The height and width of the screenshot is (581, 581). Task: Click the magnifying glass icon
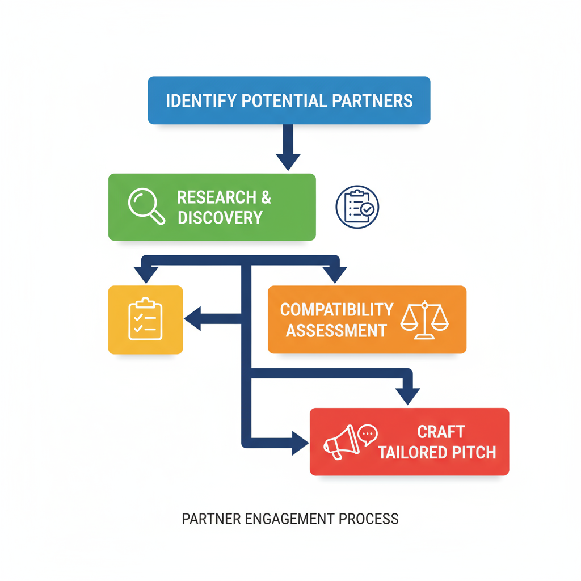(146, 206)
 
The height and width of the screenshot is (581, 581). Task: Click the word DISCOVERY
(220, 217)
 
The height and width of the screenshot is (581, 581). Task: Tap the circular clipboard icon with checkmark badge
(357, 207)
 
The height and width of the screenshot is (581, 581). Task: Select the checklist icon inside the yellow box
(145, 320)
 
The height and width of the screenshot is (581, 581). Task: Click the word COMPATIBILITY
(336, 310)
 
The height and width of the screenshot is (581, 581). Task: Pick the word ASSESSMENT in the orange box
(336, 330)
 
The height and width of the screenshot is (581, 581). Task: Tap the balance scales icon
(424, 320)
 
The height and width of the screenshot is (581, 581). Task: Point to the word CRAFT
(441, 432)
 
